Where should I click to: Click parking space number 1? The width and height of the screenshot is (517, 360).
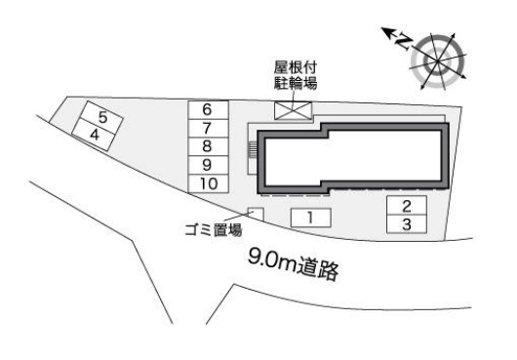tap(310, 218)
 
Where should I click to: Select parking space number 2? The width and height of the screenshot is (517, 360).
tap(407, 206)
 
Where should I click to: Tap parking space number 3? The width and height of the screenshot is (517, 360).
tap(407, 224)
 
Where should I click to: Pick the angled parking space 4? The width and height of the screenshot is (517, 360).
tap(94, 136)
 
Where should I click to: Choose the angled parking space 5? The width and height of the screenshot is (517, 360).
tap(101, 117)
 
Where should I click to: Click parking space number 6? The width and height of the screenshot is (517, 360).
tap(208, 110)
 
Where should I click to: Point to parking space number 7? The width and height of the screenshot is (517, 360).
tap(208, 128)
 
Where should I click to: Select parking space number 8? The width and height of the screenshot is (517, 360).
tap(208, 146)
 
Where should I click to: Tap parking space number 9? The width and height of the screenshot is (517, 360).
tap(208, 165)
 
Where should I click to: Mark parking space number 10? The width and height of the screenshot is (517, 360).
tap(208, 183)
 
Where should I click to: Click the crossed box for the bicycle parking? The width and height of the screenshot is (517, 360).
tap(293, 110)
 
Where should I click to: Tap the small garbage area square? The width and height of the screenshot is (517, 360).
tap(256, 215)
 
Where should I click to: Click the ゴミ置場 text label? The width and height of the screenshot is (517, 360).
tap(214, 229)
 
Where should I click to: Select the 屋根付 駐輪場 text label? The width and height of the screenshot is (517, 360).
tap(296, 75)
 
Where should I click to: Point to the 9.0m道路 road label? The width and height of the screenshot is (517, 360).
tap(293, 264)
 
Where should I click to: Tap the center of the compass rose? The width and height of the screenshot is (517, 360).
tap(438, 61)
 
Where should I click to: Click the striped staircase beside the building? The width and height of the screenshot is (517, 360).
tap(253, 150)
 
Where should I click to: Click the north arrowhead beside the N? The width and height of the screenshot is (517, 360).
tap(387, 32)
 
